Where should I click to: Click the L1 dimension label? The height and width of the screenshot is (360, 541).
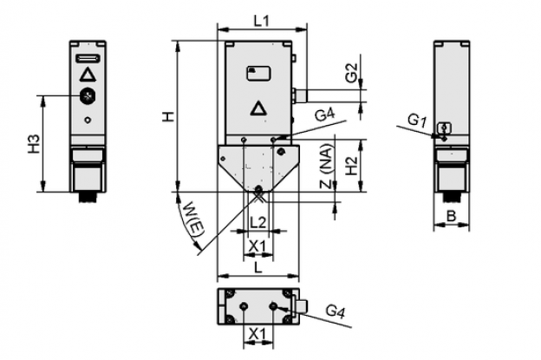coord(262,22)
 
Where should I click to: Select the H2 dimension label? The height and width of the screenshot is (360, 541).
coord(352,166)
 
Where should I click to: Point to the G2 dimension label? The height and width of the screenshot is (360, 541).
coord(352,73)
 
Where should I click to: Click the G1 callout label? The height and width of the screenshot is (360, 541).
coord(417,121)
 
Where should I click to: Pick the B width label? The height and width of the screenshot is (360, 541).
coord(452,216)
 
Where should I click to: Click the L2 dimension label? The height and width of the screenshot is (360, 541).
coord(258,223)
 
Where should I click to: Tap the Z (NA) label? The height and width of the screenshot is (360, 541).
coord(327,166)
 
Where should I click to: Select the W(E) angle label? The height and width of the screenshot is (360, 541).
coord(193,221)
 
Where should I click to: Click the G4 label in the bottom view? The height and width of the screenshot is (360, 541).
coord(336,311)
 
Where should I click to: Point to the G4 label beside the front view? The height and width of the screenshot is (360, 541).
coord(324,115)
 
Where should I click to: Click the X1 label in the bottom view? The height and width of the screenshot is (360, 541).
coord(258,334)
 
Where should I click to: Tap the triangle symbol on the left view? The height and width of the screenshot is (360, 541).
coord(88,75)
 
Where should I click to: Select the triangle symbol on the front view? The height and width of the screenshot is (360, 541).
coord(258,108)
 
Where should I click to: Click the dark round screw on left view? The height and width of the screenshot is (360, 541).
coord(88,95)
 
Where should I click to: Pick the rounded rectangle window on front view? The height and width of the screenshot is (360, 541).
coord(258,74)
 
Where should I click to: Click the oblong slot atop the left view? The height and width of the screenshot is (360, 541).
coord(88,58)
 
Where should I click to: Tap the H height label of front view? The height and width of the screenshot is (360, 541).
coord(168,116)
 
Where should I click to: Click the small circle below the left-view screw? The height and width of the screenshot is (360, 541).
coord(88,120)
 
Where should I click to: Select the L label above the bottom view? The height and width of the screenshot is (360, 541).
coord(258,267)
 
